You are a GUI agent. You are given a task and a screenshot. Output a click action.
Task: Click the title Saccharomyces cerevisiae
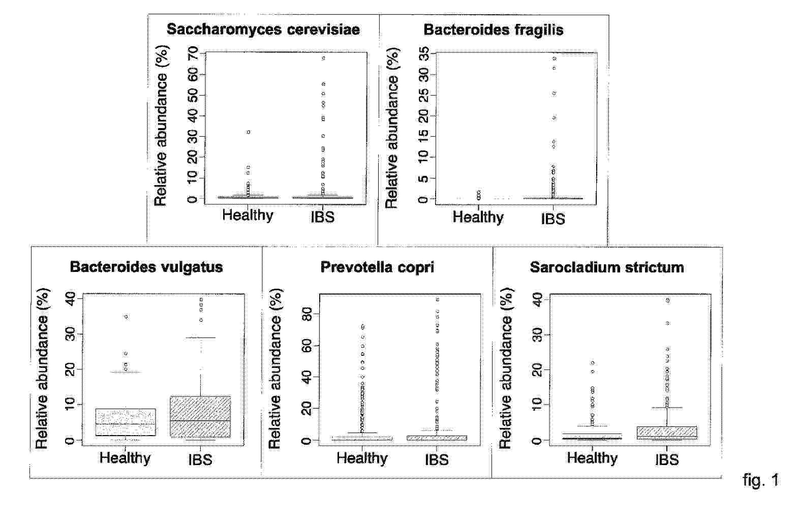[263, 29]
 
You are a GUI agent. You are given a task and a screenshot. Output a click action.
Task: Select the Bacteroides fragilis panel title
[493, 29]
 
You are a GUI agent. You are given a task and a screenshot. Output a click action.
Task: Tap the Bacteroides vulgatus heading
[146, 267]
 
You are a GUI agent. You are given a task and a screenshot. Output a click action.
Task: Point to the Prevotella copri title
[377, 267]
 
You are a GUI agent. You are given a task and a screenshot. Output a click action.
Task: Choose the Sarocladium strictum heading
[606, 267]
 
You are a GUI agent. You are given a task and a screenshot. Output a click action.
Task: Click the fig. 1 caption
[760, 479]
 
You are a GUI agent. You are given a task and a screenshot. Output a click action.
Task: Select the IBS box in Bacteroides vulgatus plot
[200, 416]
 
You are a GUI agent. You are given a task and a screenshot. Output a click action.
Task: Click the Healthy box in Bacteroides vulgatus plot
[126, 422]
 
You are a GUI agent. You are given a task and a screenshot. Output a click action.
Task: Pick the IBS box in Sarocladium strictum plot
[667, 433]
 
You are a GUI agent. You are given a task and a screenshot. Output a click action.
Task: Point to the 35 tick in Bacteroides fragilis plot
[423, 53]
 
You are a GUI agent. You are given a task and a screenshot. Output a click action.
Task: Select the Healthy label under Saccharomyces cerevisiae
[248, 215]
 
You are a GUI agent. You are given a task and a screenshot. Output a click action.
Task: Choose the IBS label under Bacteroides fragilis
[553, 219]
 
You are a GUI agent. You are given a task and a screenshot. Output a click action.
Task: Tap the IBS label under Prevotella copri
[437, 459]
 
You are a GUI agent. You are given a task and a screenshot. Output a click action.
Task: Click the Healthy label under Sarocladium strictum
[592, 458]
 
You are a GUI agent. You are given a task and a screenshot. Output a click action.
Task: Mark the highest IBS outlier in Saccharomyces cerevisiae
[323, 58]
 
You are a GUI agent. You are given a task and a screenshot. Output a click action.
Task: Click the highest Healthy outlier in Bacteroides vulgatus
[126, 317]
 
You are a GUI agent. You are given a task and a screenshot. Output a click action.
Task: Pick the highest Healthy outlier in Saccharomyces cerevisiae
[248, 132]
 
